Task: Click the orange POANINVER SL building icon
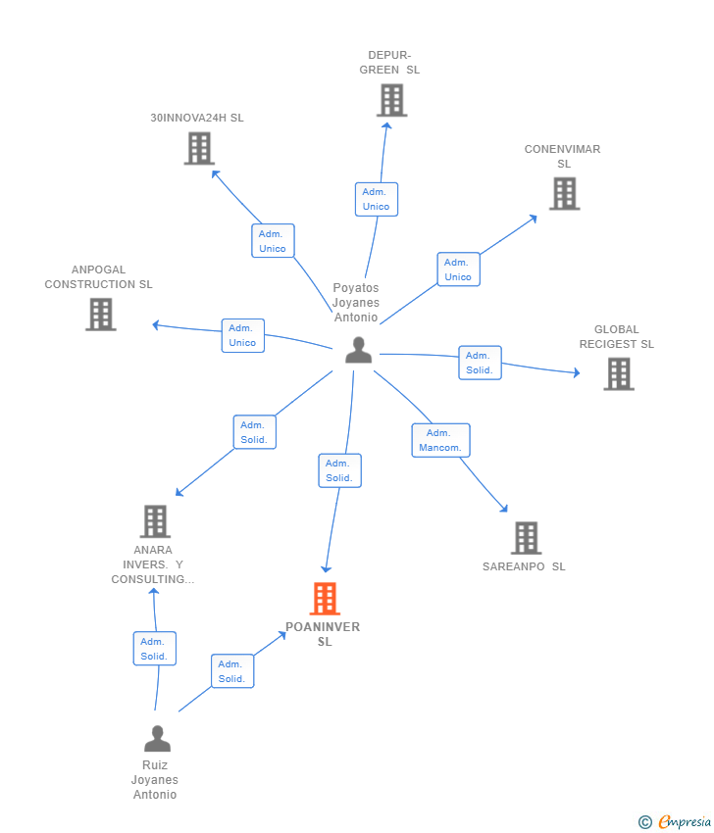point(325,599)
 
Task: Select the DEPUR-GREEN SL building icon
point(392,100)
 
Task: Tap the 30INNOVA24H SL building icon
point(199,149)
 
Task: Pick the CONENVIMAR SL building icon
point(565,194)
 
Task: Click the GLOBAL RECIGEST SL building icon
point(619,374)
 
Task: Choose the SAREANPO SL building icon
point(527,538)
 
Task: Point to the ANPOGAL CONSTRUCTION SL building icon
point(101,315)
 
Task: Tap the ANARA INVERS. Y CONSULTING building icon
point(155,521)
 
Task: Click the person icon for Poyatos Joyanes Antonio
point(358,350)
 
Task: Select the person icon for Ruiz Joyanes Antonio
point(157,739)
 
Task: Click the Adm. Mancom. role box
point(440,440)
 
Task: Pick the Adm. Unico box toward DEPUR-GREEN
point(377,199)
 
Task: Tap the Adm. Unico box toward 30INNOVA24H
point(273,241)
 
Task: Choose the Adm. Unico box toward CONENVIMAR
point(458,269)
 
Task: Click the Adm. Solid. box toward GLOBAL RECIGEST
point(480,363)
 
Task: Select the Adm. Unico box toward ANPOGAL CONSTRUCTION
point(243,335)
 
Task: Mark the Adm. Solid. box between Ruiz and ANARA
point(155,649)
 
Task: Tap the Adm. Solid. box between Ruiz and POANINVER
point(232,671)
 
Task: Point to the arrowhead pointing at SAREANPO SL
point(504,509)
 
